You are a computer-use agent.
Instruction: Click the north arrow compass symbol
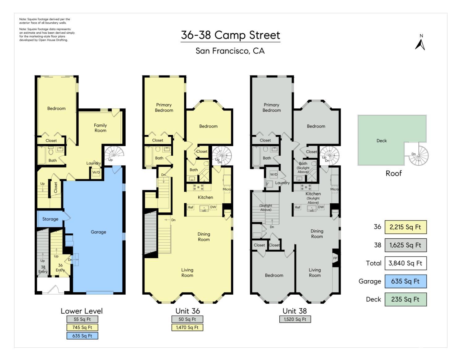420,42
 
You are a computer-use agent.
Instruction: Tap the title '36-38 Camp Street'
230,35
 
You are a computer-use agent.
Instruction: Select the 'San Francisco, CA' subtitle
230,51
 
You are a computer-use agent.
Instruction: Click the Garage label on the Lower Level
98,232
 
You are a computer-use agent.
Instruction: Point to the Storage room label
50,219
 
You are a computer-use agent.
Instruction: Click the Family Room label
100,128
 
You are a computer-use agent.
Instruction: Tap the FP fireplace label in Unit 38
335,258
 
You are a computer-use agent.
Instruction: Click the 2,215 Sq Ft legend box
405,227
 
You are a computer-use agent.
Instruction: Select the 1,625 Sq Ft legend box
405,245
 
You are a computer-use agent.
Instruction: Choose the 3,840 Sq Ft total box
405,263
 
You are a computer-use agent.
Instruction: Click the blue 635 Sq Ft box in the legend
405,281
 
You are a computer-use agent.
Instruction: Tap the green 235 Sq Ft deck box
405,299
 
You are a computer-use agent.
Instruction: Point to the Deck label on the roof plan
381,141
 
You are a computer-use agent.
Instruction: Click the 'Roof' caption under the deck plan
393,173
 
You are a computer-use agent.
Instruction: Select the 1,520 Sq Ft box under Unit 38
295,319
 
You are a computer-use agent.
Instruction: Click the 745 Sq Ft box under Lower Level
82,327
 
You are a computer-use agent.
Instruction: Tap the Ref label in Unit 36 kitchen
191,207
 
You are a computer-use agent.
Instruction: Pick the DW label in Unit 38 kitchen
321,207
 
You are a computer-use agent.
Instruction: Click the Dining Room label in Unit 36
204,237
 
